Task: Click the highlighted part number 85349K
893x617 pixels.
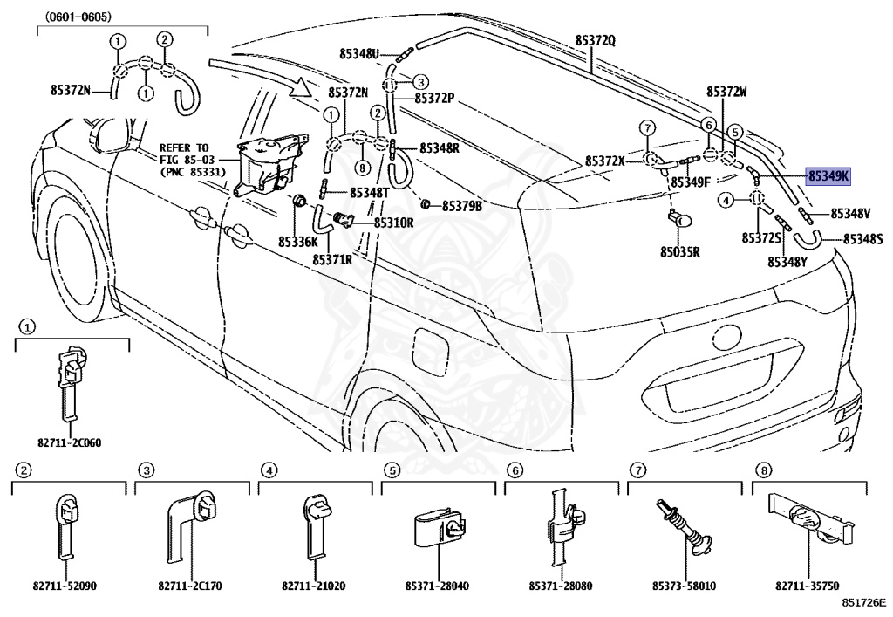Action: click(828, 176)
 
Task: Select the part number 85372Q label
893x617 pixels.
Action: click(595, 40)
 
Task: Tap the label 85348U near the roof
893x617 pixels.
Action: click(359, 53)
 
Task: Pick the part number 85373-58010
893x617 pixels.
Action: click(684, 586)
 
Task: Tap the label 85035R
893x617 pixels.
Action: click(680, 251)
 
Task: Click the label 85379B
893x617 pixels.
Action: click(462, 206)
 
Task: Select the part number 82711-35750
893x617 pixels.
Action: click(807, 586)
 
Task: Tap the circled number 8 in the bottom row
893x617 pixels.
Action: click(763, 470)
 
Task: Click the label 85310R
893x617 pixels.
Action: click(393, 223)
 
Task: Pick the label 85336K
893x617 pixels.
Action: click(298, 242)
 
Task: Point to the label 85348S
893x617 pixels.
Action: click(862, 239)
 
